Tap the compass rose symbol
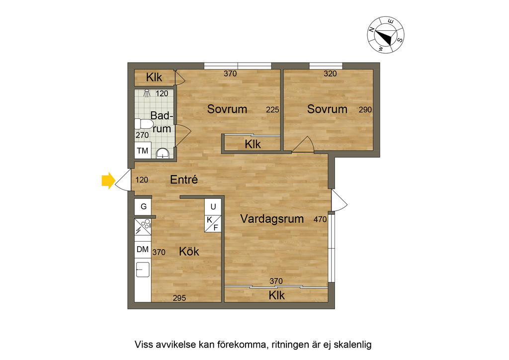pyautogui.click(x=386, y=34)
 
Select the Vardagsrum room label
pyautogui.click(x=271, y=219)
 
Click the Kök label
pyautogui.click(x=189, y=252)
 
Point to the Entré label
pyautogui.click(x=184, y=180)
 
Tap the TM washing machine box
pyautogui.click(x=143, y=151)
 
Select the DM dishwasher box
pyautogui.click(x=143, y=250)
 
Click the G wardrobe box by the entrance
pyautogui.click(x=143, y=206)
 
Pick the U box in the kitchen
pyautogui.click(x=213, y=206)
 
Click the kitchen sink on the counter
pyautogui.click(x=143, y=270)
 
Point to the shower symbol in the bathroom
pyautogui.click(x=147, y=93)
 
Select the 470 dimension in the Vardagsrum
pyautogui.click(x=319, y=219)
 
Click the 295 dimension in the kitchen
pyautogui.click(x=180, y=298)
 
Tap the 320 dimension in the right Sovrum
pyautogui.click(x=330, y=74)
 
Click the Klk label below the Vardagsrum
pyautogui.click(x=276, y=295)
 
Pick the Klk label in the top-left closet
pyautogui.click(x=154, y=78)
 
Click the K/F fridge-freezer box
pyautogui.click(x=212, y=224)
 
